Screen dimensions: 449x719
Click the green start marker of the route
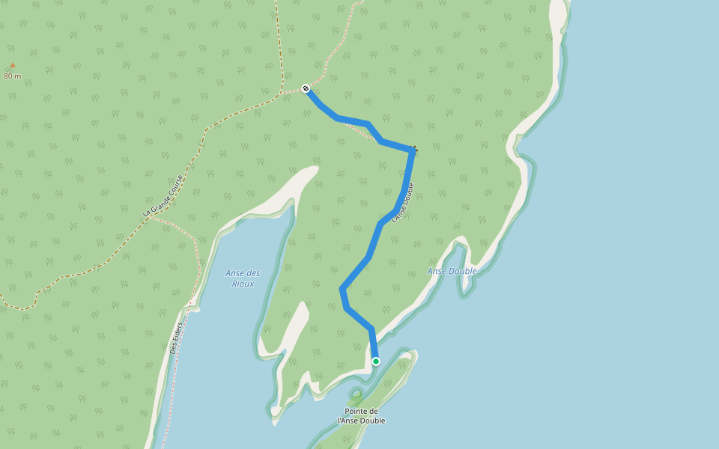click(376, 361)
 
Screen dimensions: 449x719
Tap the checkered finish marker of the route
click(306, 89)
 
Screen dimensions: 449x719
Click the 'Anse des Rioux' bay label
click(243, 278)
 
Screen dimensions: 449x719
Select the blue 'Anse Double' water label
click(452, 271)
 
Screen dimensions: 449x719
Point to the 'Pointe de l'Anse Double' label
click(362, 416)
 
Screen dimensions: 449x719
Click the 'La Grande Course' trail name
click(163, 196)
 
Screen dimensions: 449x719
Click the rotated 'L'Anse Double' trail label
click(403, 202)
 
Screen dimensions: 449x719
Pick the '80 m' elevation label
click(12, 76)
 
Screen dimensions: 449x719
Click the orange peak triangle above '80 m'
click(12, 65)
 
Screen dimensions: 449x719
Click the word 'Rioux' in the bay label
click(243, 284)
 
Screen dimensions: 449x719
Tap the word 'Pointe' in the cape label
click(362, 412)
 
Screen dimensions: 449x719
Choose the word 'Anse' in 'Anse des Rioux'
click(235, 273)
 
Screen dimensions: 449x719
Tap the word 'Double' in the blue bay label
click(462, 271)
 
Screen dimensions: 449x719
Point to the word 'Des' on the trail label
click(174, 348)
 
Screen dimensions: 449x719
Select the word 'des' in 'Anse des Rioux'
click(253, 273)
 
